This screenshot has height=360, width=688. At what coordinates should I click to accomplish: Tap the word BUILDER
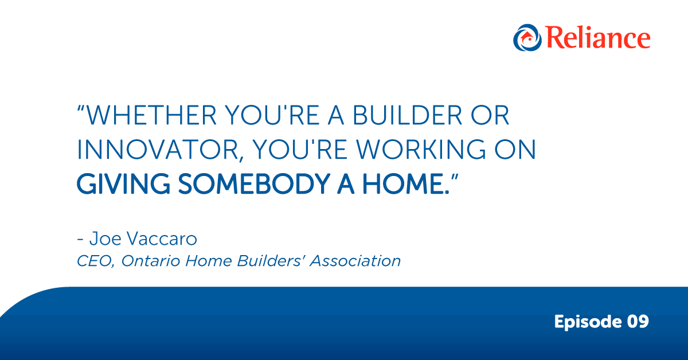click(x=408, y=115)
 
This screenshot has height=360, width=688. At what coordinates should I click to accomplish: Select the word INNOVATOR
click(x=158, y=150)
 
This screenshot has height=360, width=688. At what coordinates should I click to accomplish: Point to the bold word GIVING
click(x=123, y=184)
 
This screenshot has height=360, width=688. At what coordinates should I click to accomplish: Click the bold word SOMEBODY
click(x=254, y=184)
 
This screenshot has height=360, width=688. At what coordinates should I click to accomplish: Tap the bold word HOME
click(x=402, y=184)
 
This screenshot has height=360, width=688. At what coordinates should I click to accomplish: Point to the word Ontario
click(x=150, y=261)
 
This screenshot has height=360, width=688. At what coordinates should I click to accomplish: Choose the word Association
click(x=355, y=261)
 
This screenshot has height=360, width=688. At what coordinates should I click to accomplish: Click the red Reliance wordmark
click(x=598, y=38)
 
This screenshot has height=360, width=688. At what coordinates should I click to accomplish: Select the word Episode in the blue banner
click(x=588, y=322)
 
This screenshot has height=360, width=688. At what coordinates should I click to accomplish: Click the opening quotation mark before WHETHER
click(x=81, y=109)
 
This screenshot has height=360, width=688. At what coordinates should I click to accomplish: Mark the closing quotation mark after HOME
click(x=454, y=178)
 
